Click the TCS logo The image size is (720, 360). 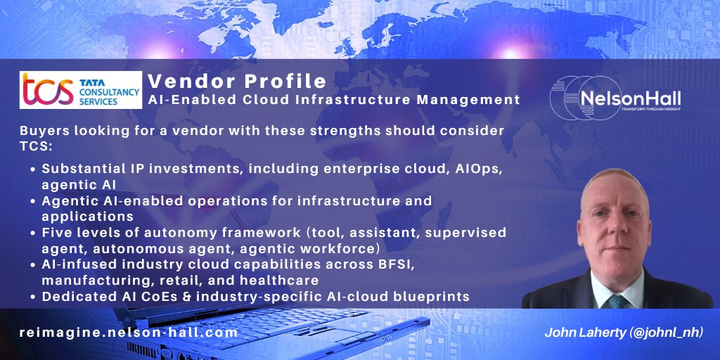pos(81,90)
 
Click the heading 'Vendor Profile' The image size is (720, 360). pos(237,79)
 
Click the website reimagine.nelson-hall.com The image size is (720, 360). pos(129,333)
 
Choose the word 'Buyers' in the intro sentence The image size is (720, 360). pos(44,132)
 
